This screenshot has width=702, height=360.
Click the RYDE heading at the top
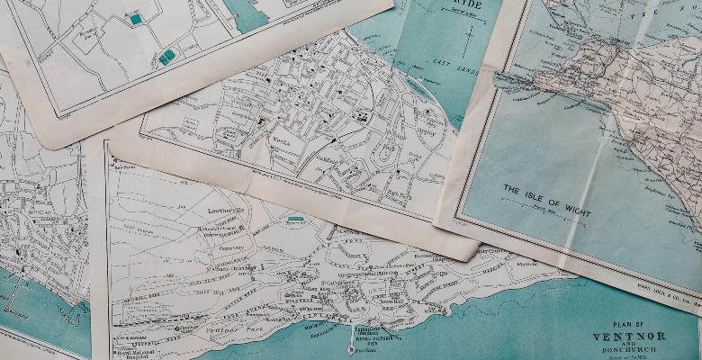[x=463, y=4]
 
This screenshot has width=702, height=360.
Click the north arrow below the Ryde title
[x=467, y=40]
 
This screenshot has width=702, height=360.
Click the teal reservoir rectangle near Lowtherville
[x=295, y=219]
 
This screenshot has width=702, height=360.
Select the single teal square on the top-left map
[x=136, y=19]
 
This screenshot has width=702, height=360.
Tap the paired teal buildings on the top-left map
[x=166, y=57]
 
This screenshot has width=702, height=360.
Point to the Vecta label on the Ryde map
[x=278, y=141]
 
